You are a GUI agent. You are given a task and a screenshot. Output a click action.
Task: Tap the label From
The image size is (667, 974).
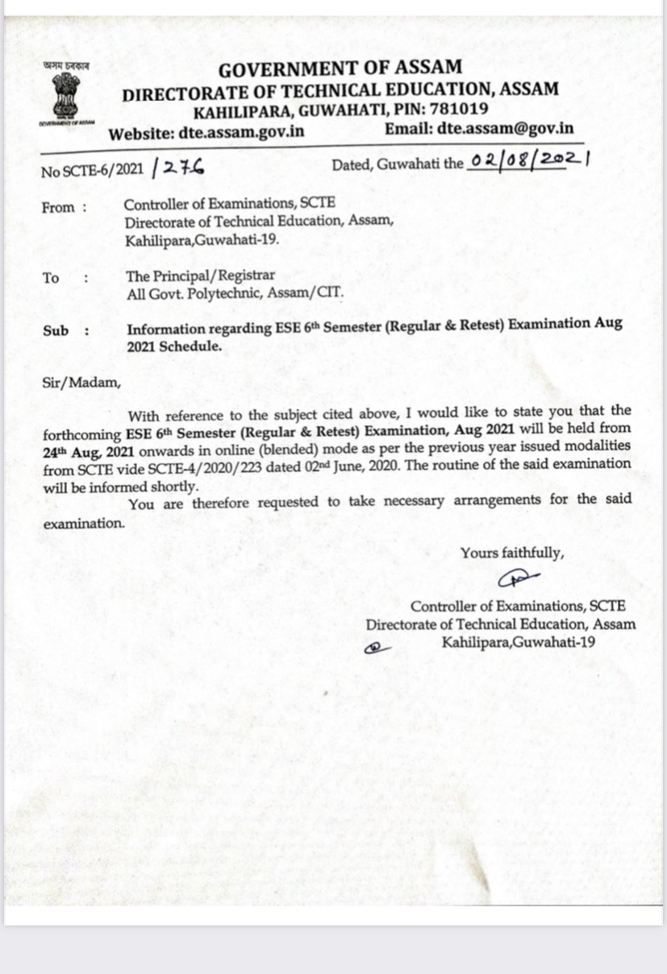58,207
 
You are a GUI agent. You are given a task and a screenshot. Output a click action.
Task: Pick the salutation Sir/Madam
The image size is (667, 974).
81,382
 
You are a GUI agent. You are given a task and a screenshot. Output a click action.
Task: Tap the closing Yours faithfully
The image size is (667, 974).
512,553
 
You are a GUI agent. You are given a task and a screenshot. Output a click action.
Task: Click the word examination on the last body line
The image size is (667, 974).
84,522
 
